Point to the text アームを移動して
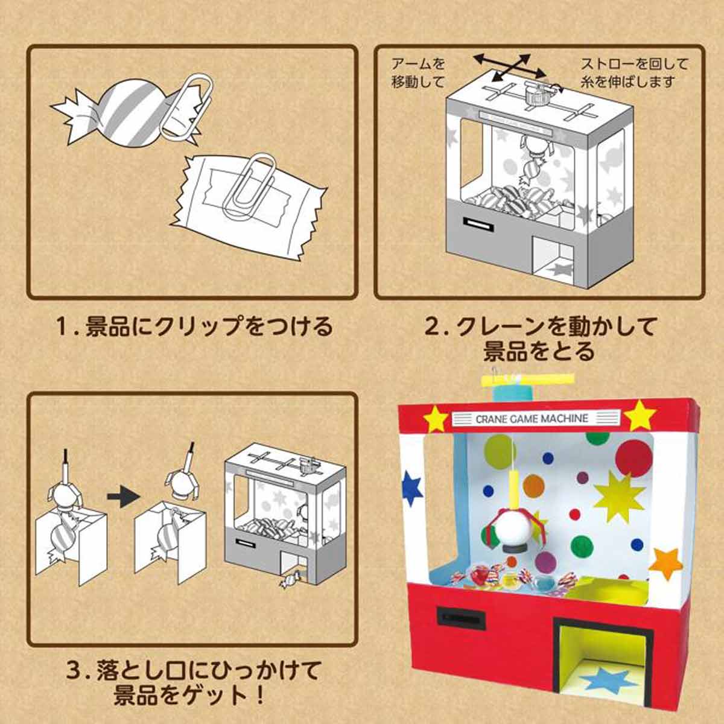tap(418, 72)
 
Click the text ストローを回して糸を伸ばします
tap(634, 72)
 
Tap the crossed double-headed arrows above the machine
tap(501, 66)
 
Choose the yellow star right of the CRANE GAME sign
tap(640, 415)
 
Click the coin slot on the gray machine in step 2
tap(476, 223)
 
